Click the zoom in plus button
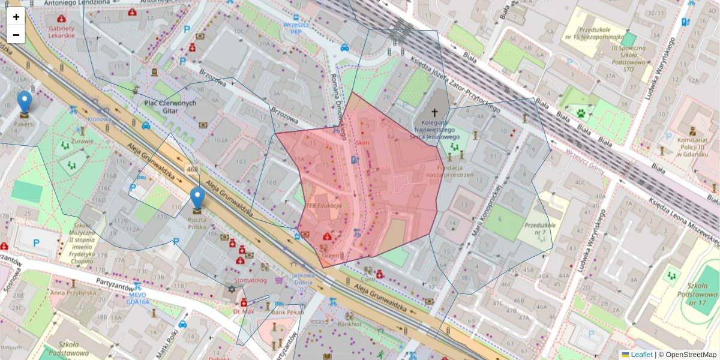pyautogui.click(x=16, y=17)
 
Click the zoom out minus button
pyautogui.click(x=16, y=35)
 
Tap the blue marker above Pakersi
pyautogui.click(x=25, y=103)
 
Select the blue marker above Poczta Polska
pyautogui.click(x=197, y=199)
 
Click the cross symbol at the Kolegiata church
pyautogui.click(x=434, y=112)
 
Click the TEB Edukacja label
pyautogui.click(x=324, y=205)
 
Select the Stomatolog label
pyautogui.click(x=250, y=280)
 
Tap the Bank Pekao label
pyautogui.click(x=287, y=312)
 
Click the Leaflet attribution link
pyautogui.click(x=641, y=355)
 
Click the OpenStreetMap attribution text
pyautogui.click(x=691, y=355)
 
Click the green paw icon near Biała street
pyautogui.click(x=581, y=112)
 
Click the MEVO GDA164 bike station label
pyautogui.click(x=139, y=298)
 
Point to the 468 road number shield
pyautogui.click(x=192, y=170)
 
